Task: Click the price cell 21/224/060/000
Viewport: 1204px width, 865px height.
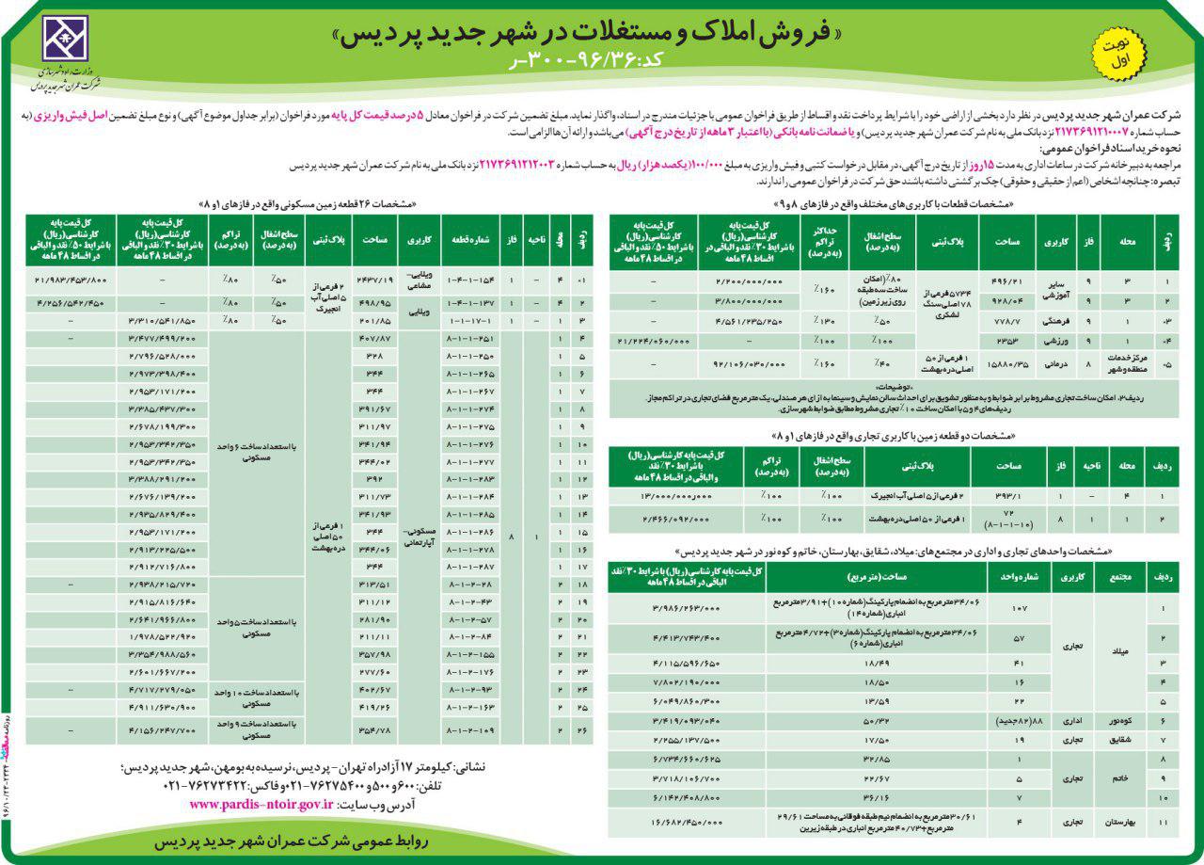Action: pyautogui.click(x=654, y=341)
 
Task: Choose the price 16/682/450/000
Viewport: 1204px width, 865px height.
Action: pyautogui.click(x=685, y=822)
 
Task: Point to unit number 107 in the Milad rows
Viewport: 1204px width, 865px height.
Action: pyautogui.click(x=1018, y=609)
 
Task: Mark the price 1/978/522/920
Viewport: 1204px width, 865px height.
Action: pyautogui.click(x=163, y=637)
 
